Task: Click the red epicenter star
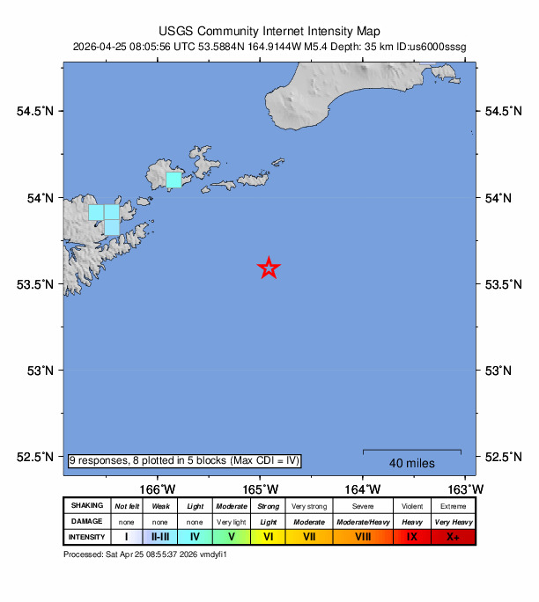(269, 268)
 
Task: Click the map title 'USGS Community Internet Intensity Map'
(269, 29)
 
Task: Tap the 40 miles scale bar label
(411, 463)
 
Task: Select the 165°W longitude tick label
(262, 489)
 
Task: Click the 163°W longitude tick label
(464, 489)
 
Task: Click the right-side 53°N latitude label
(499, 371)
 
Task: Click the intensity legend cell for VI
(268, 537)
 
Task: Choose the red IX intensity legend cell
(411, 537)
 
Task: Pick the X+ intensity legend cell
(453, 537)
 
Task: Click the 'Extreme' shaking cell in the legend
(453, 506)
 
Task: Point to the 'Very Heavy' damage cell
(453, 522)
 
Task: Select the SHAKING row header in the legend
(87, 506)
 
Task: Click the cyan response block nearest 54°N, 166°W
(174, 180)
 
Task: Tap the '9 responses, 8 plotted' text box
(185, 460)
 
